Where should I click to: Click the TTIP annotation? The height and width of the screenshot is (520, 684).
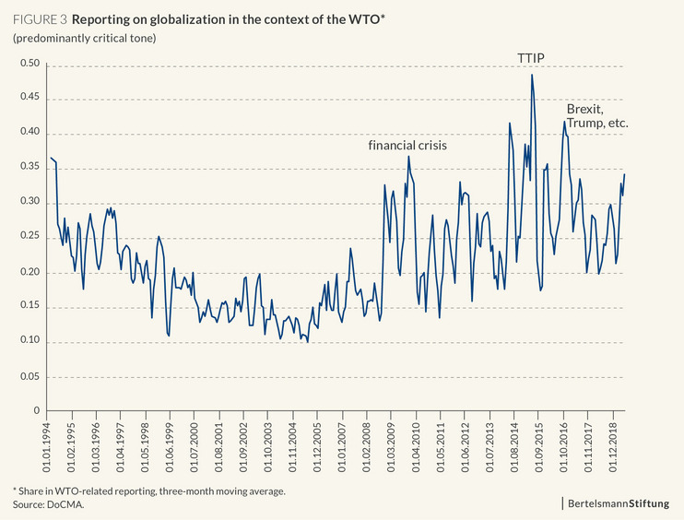(530, 58)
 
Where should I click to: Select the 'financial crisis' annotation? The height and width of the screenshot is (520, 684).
(407, 145)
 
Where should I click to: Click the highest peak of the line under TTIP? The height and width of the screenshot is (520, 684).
(532, 75)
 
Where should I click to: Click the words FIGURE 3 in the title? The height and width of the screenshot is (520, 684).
(39, 19)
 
